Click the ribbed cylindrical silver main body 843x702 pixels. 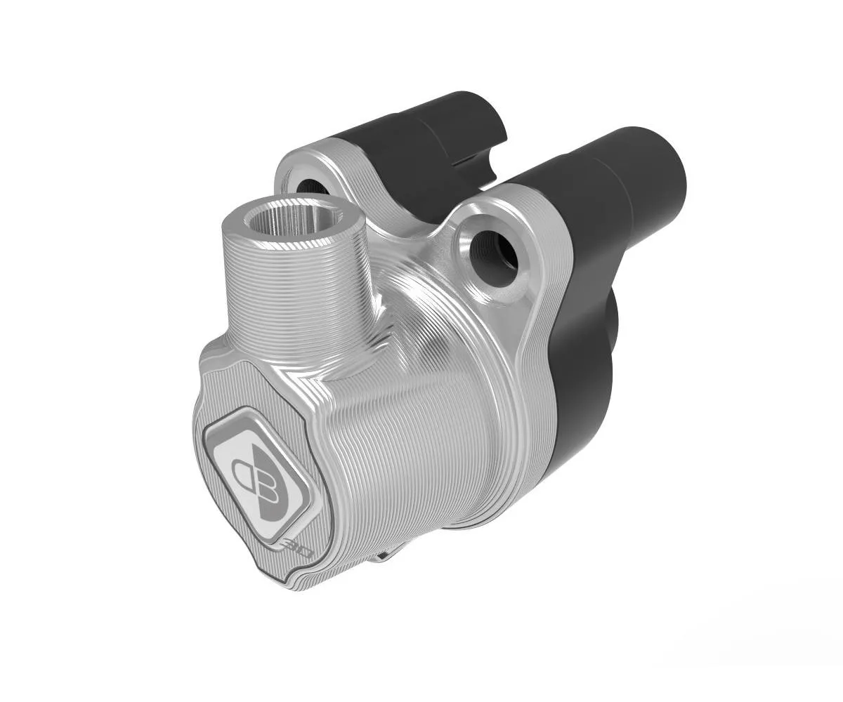tap(421, 435)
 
